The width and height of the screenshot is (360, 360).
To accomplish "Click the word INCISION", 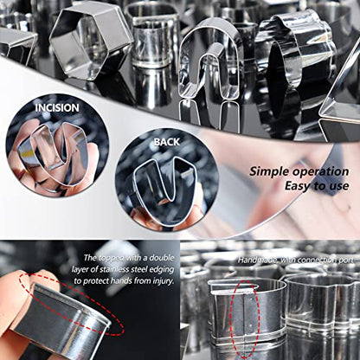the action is pyautogui.click(x=57, y=108).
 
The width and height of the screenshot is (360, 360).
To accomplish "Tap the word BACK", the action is pyautogui.click(x=167, y=142).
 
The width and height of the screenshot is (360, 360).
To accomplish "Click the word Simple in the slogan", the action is pyautogui.click(x=269, y=171).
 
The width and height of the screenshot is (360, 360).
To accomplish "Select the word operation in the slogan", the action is pyautogui.click(x=320, y=172).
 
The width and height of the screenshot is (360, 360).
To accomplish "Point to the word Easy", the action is pyautogui.click(x=298, y=186).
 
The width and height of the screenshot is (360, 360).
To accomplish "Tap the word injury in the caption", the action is pyautogui.click(x=163, y=281).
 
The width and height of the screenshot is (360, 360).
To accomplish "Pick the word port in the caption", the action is pyautogui.click(x=345, y=260).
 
